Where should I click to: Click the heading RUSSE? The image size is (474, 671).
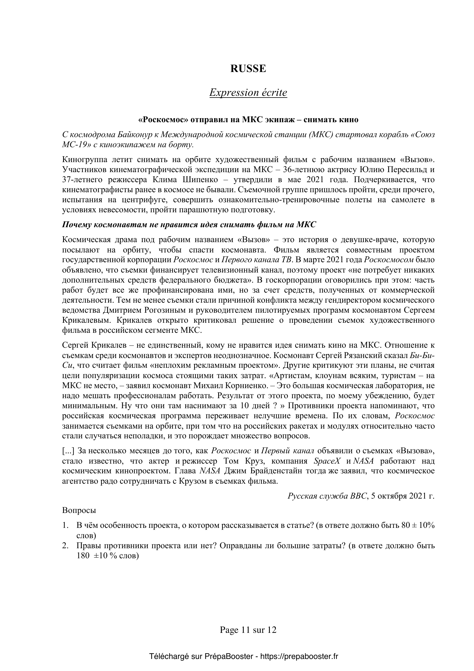pyautogui.click(x=248, y=69)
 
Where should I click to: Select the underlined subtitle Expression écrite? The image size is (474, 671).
pyautogui.click(x=248, y=93)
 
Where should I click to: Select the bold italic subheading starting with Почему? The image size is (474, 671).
pyautogui.click(x=189, y=225)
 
